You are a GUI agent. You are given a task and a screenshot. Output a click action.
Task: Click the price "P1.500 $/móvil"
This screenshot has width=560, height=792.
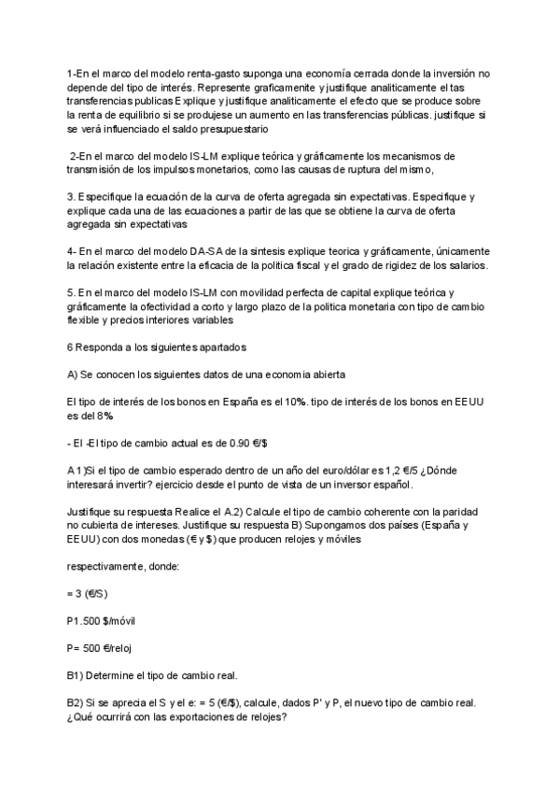coord(105,621)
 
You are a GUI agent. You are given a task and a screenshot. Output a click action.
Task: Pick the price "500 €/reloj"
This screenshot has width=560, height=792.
coord(115,649)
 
